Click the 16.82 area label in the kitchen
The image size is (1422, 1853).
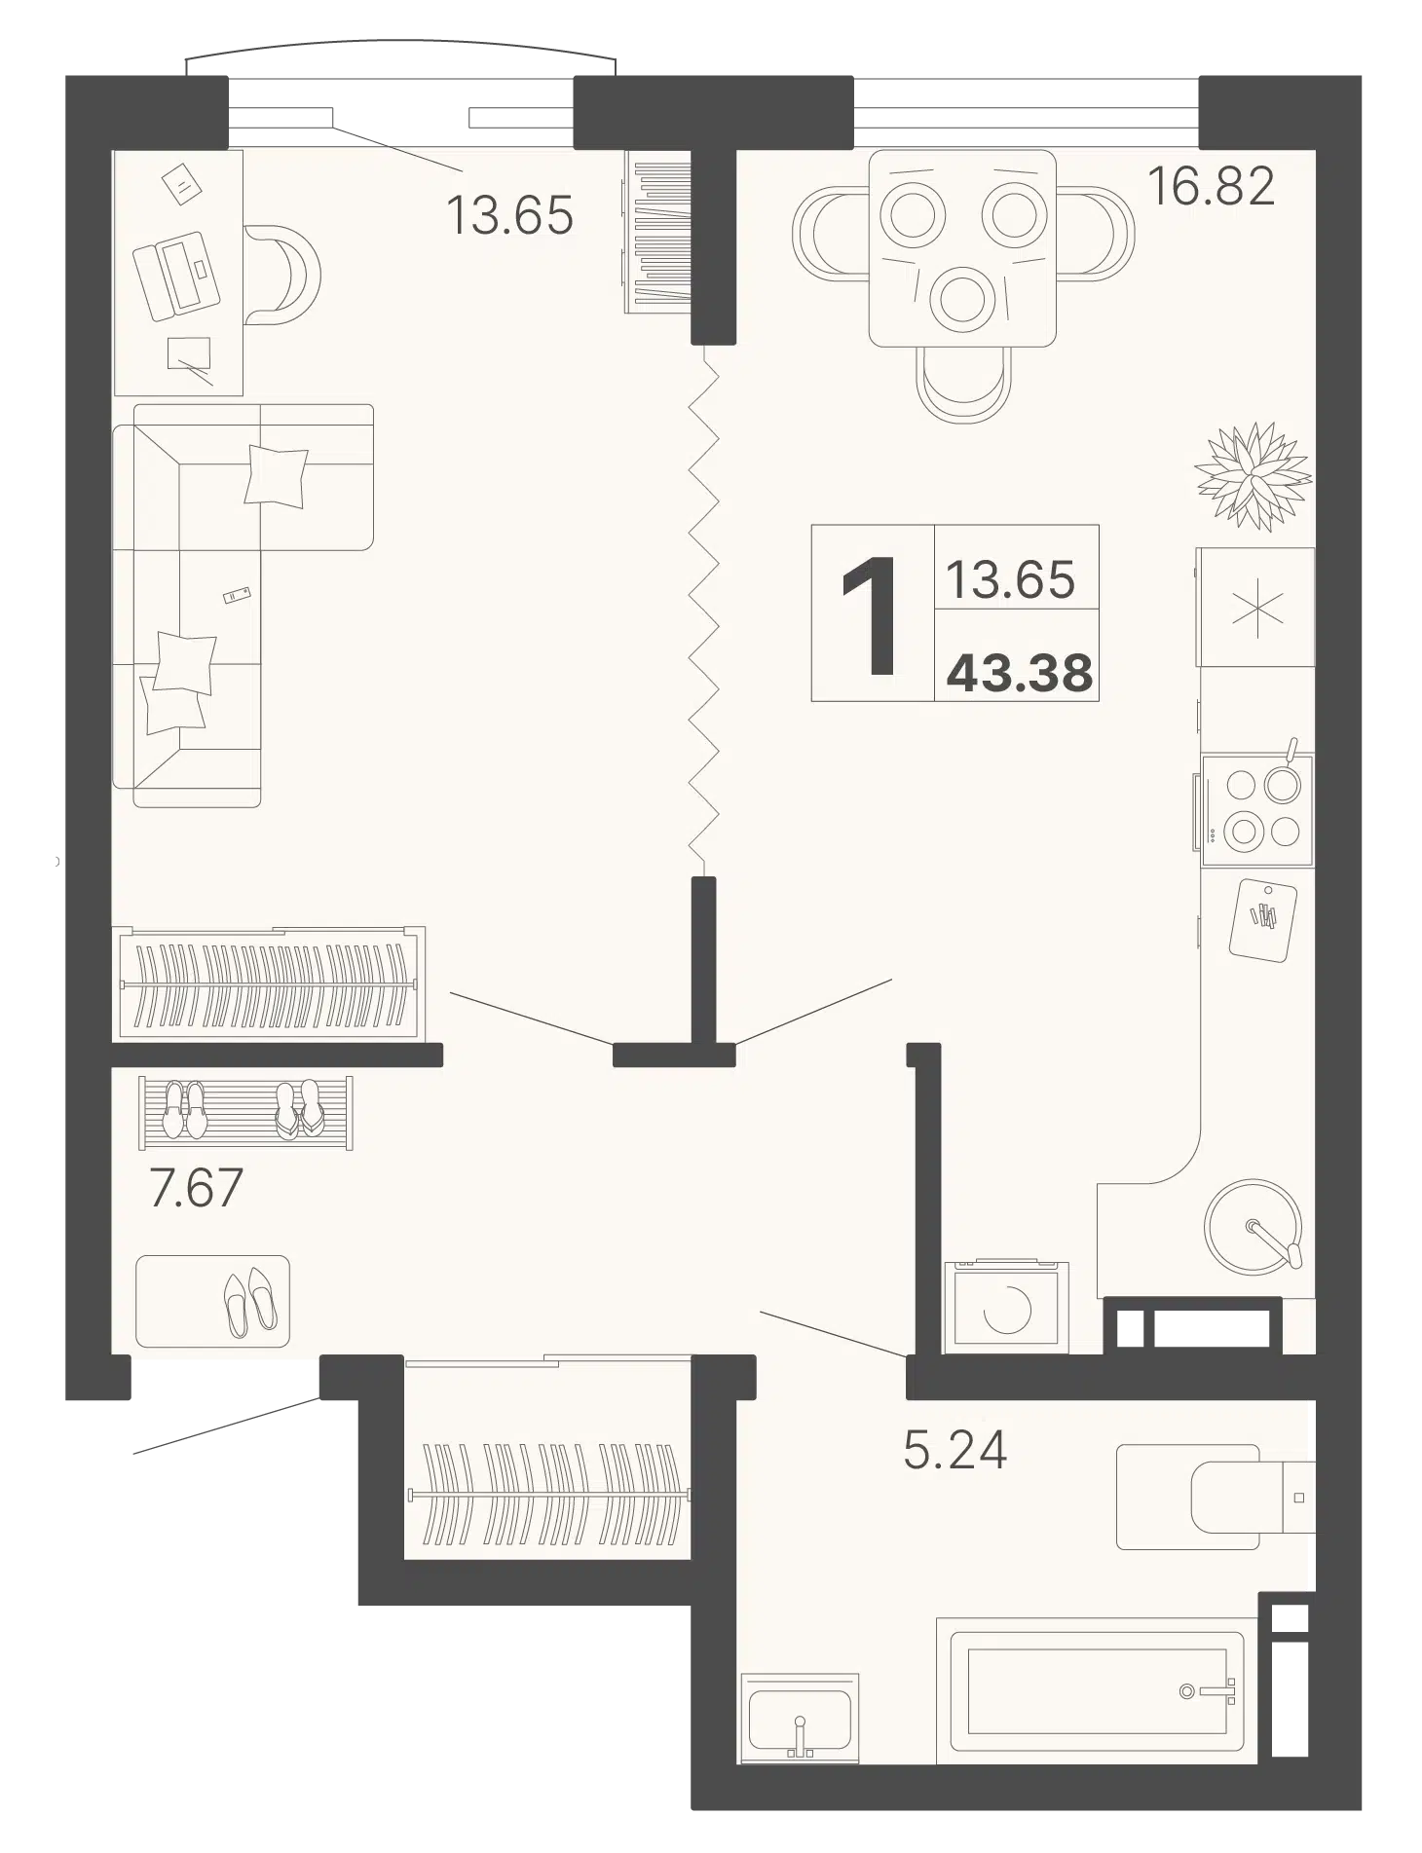tap(1211, 186)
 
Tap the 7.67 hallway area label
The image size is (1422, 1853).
tap(196, 1188)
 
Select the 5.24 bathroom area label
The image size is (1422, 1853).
tap(954, 1450)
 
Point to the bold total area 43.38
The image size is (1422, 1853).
tap(1020, 673)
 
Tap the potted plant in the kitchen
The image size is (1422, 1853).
tap(1253, 476)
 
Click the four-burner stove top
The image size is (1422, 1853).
tap(1257, 809)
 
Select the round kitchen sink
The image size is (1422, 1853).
tap(1254, 1226)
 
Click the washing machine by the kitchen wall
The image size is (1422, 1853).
tap(1005, 1306)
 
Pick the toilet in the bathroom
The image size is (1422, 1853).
tap(1216, 1497)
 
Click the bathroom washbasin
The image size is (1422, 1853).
tap(799, 1718)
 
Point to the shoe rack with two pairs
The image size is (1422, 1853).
tap(245, 1113)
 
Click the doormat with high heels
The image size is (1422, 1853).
tap(212, 1301)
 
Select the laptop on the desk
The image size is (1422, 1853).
tap(176, 275)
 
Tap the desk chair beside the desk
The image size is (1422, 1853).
tap(282, 275)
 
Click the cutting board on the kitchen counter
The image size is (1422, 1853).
tap(1262, 920)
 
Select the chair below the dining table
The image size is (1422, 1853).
tap(963, 385)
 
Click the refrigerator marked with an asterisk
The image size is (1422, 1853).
tap(1255, 607)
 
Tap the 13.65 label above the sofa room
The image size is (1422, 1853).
tap(509, 215)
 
